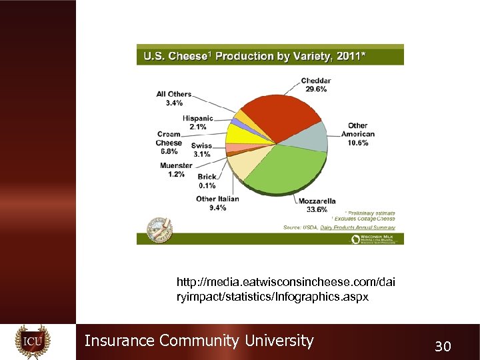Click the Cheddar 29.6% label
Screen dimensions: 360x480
pos(317,85)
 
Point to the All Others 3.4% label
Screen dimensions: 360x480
pos(174,99)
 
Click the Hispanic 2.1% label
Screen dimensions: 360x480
pos(197,122)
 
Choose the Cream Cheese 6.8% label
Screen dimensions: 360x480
pos(169,143)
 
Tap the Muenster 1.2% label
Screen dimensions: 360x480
pos(176,170)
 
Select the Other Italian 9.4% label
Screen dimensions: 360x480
pos(217,203)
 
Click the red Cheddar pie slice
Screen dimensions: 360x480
pos(280,113)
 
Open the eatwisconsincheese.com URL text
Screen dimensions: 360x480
pos(285,289)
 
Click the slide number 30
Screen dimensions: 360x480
pos(443,345)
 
